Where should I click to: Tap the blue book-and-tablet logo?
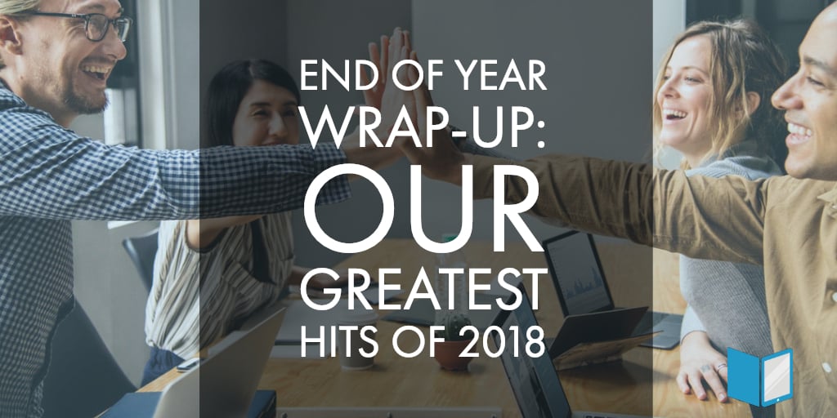click(759, 376)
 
